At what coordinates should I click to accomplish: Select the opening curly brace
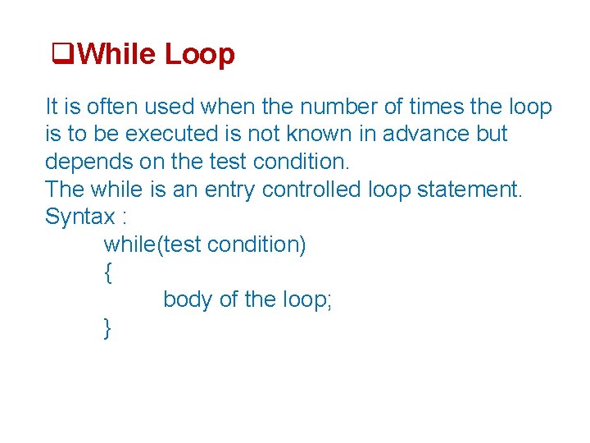pos(107,272)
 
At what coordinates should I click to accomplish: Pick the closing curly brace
pos(107,328)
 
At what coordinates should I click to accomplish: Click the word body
pos(188,299)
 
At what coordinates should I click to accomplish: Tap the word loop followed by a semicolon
pos(306,299)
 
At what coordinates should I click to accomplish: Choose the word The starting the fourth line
pos(65,190)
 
